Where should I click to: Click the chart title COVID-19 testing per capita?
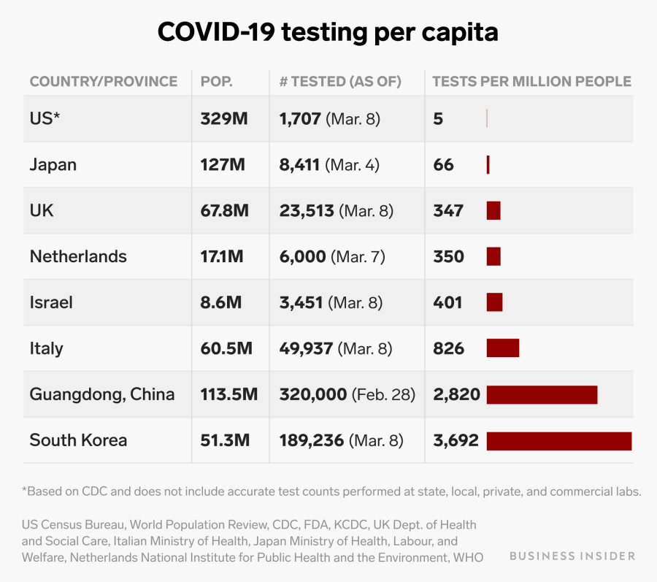[328, 31]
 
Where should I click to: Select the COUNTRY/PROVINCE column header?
[103, 81]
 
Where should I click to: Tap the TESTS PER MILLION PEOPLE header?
[531, 81]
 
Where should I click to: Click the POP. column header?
[217, 81]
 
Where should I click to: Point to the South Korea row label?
[78, 440]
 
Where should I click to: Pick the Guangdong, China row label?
[102, 394]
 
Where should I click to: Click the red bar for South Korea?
[558, 440]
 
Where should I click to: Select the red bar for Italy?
[502, 348]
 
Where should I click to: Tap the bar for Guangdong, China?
[542, 394]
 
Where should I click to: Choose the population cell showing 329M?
[224, 118]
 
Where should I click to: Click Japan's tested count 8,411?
[299, 165]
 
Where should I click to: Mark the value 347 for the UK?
[447, 211]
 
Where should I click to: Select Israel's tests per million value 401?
[447, 302]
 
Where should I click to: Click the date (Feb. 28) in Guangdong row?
[383, 395]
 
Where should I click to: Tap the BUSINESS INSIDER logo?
[572, 556]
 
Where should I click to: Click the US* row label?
[45, 118]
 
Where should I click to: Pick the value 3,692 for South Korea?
[456, 440]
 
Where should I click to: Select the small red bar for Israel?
[494, 302]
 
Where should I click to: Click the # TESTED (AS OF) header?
[340, 81]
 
